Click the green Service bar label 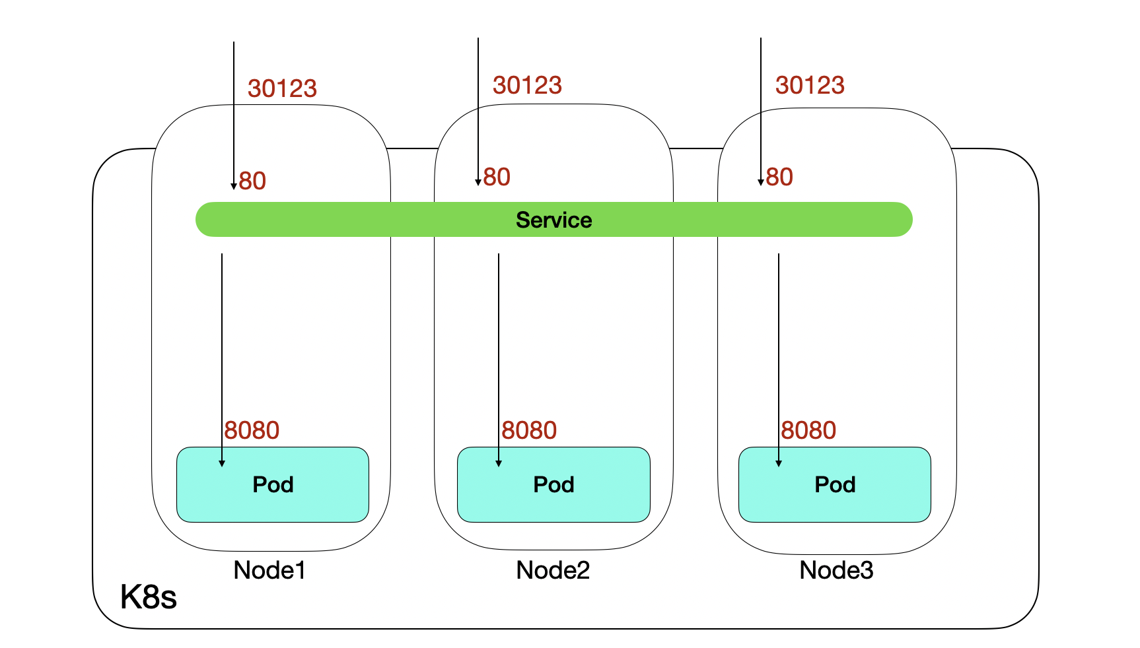553,220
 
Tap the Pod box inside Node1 272,485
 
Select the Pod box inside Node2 553,485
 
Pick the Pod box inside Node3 834,485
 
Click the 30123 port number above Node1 282,88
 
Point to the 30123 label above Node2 527,85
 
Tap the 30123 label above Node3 810,85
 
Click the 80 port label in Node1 252,181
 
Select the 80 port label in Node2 497,177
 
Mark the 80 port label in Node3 779,177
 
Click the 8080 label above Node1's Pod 252,430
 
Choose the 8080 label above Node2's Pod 529,430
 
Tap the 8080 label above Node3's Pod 808,430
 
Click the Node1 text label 269,570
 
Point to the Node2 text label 553,570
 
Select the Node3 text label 836,570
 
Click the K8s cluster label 149,597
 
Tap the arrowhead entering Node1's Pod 222,463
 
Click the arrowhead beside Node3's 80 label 761,182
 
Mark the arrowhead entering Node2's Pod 499,463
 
